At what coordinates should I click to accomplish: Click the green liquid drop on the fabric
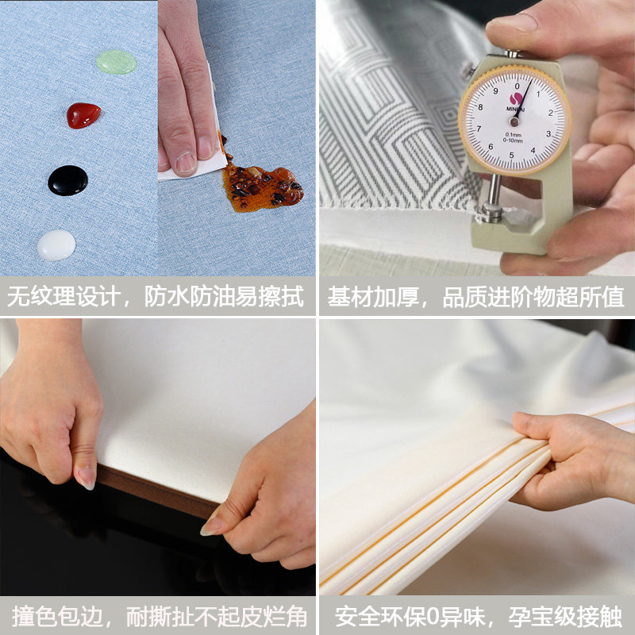pyautogui.click(x=117, y=62)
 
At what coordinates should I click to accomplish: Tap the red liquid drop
pyautogui.click(x=83, y=116)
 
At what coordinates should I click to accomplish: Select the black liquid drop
pyautogui.click(x=68, y=180)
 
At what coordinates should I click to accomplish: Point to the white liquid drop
pyautogui.click(x=56, y=245)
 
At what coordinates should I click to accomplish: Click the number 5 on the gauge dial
pyautogui.click(x=512, y=155)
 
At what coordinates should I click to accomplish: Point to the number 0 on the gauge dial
pyautogui.click(x=517, y=85)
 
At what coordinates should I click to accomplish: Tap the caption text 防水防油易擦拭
pyautogui.click(x=224, y=298)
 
